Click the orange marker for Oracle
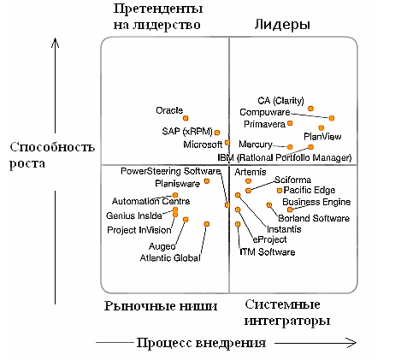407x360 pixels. tap(186, 118)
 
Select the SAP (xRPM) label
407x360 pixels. tap(187, 132)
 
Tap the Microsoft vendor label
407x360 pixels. tap(203, 145)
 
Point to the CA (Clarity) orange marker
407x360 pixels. tap(310, 109)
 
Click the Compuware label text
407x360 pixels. tap(265, 112)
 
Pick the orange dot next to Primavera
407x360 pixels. tap(290, 123)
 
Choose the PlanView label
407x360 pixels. tap(322, 136)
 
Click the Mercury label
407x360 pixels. tap(256, 145)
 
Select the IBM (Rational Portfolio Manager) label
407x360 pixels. tap(285, 157)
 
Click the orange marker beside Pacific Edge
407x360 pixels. tap(280, 191)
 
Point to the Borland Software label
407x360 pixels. tap(314, 218)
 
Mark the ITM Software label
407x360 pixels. tap(268, 252)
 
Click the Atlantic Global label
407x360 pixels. tap(170, 258)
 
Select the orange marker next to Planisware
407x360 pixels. tap(207, 180)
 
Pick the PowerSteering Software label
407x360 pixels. tap(171, 171)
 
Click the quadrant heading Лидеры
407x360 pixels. tap(282, 25)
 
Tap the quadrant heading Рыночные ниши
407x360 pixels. tap(161, 306)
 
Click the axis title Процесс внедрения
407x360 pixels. tap(201, 343)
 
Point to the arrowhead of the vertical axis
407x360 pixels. tap(56, 40)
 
